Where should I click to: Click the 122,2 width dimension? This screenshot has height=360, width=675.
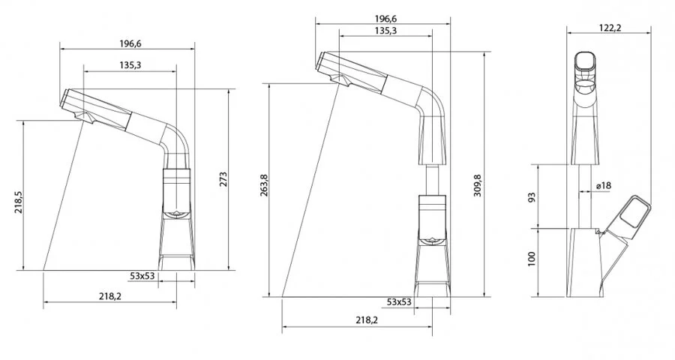click(x=607, y=28)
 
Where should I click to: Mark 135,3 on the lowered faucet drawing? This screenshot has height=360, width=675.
click(x=129, y=66)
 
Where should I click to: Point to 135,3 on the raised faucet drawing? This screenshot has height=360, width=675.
click(x=385, y=31)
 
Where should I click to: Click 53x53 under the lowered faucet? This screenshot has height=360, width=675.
click(x=142, y=276)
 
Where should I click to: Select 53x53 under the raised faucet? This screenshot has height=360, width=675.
click(x=399, y=301)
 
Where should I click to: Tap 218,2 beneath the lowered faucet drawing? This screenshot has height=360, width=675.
click(x=110, y=297)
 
